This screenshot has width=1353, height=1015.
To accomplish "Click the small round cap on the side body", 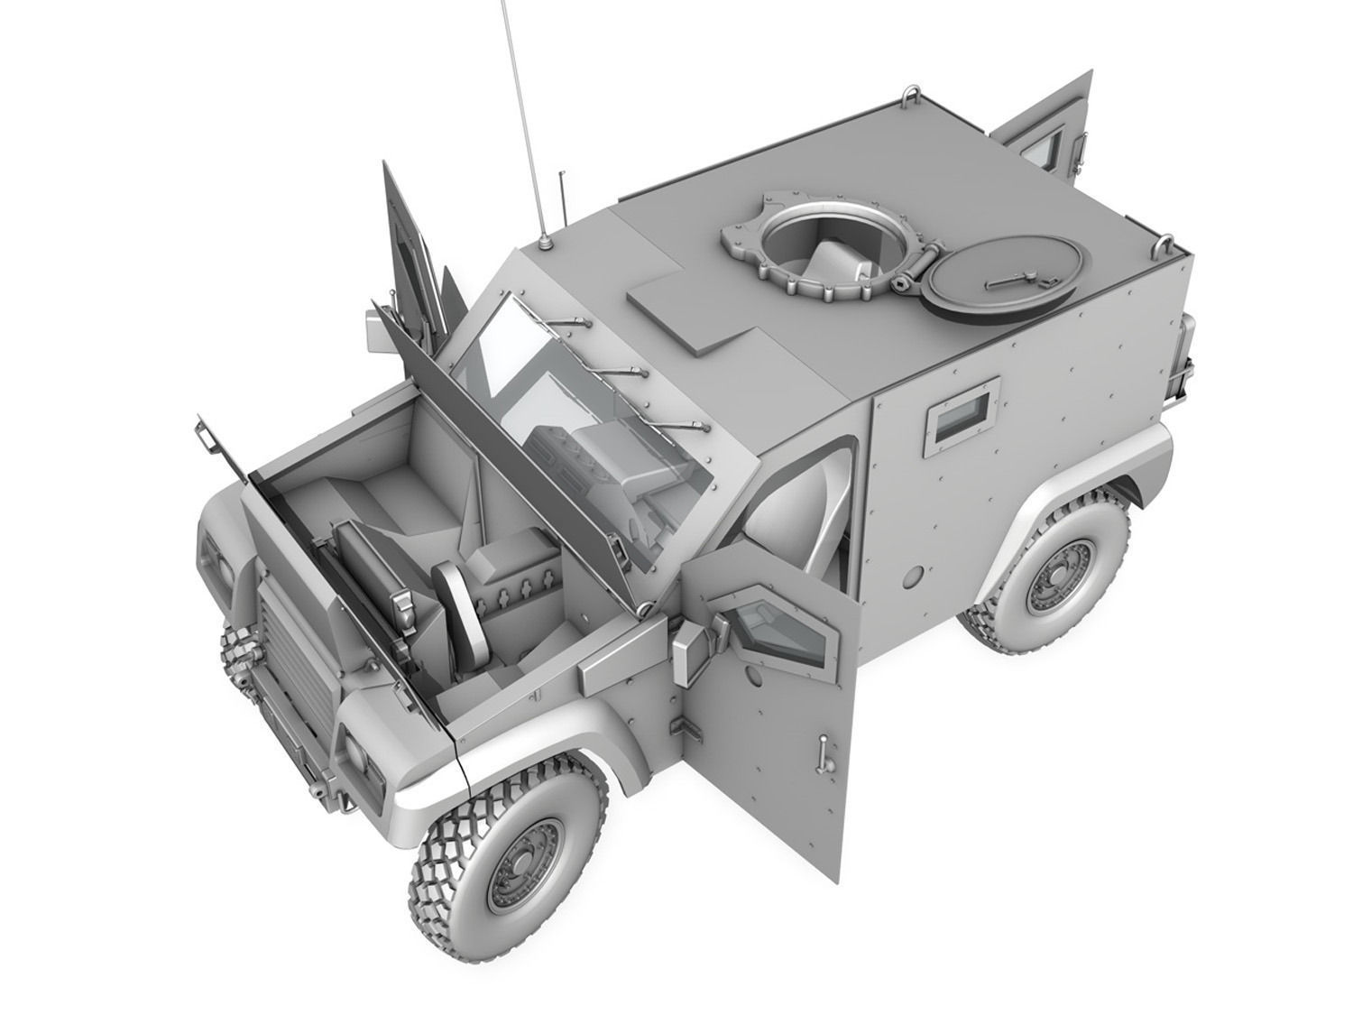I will coord(916,573).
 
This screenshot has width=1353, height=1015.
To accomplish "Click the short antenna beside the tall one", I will coord(561,194).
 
